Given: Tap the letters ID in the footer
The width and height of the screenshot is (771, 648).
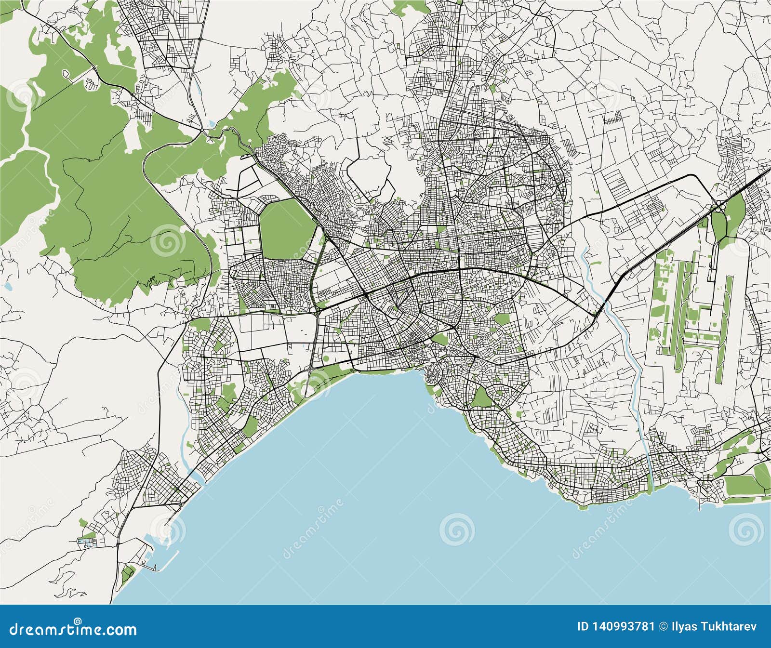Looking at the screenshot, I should tap(584, 626).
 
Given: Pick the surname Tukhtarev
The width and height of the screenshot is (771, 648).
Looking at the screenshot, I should tap(729, 626).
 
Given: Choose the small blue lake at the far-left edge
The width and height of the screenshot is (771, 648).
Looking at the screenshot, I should tap(7, 286).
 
